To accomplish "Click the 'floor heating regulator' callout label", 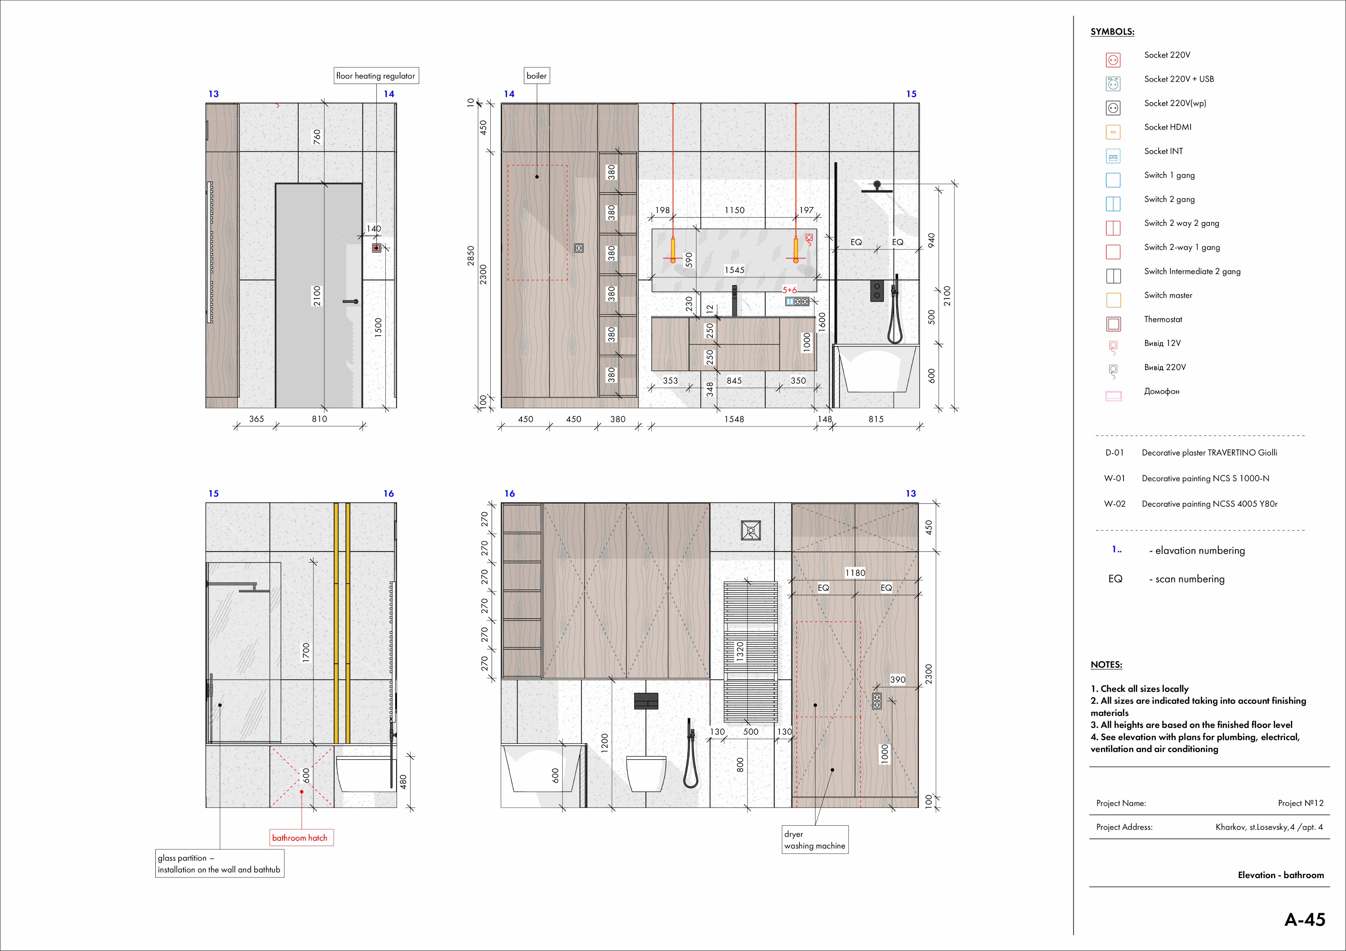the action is [x=376, y=76].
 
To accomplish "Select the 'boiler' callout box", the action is [x=536, y=76].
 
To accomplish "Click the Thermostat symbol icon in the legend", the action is [x=1113, y=324].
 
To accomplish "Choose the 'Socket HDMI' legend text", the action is [x=1168, y=127].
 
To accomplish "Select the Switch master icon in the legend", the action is [x=1113, y=300].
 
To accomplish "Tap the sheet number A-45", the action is [x=1304, y=919].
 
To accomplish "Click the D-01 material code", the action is [x=1114, y=453].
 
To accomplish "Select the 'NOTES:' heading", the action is [x=1106, y=664].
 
